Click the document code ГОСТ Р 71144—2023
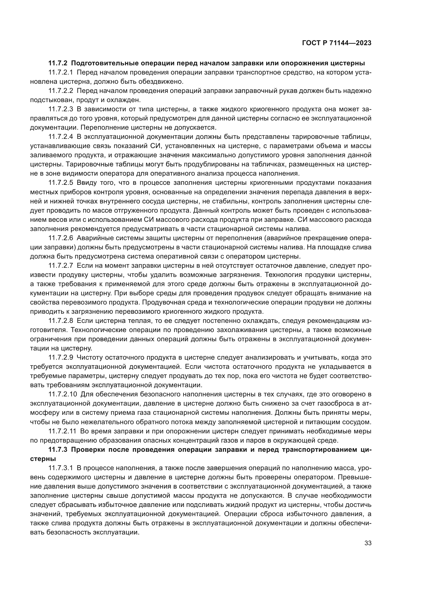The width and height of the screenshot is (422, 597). tap(337, 43)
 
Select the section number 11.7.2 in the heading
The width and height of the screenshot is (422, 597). tap(58, 63)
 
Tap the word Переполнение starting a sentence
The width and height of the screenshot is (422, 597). tap(102, 127)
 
